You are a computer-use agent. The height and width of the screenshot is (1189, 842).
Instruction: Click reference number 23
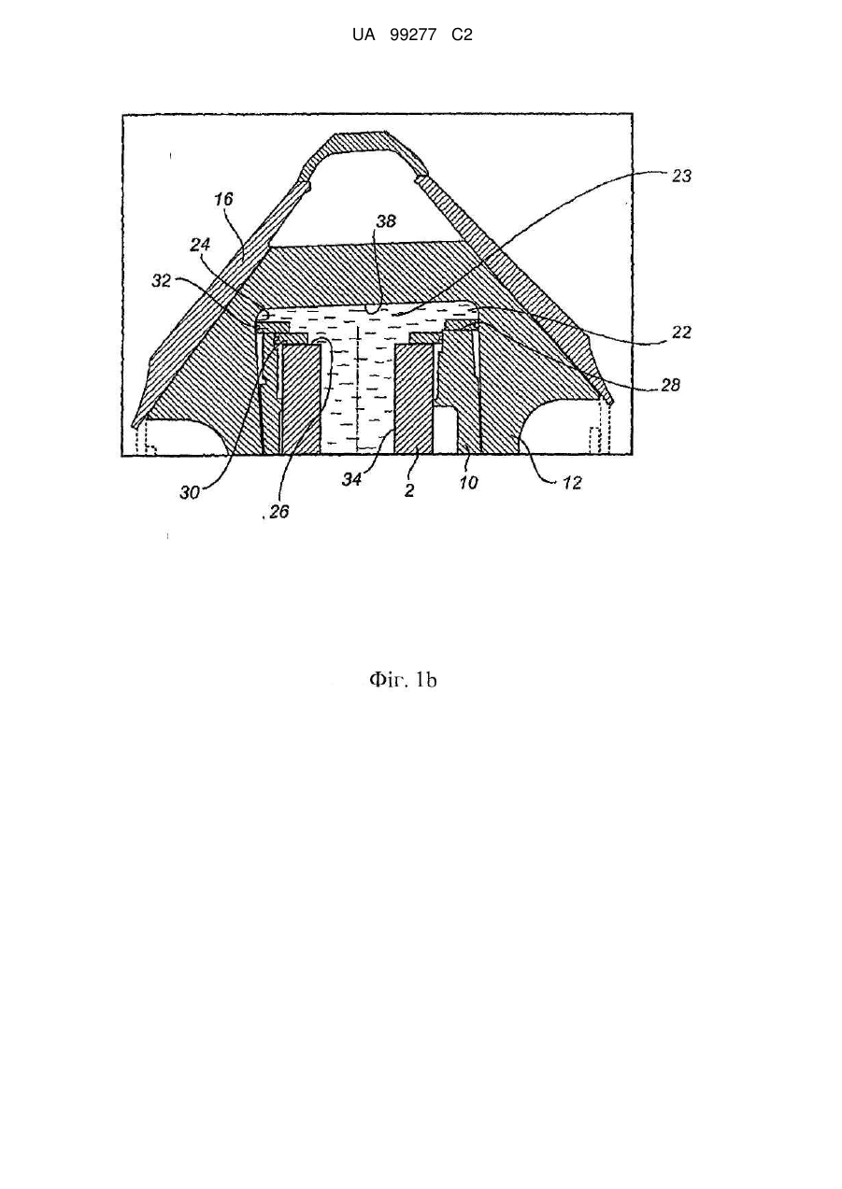pyautogui.click(x=681, y=176)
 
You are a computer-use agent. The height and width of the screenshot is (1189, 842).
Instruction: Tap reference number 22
pyautogui.click(x=681, y=333)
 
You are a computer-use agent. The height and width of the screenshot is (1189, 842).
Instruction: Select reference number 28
pyautogui.click(x=670, y=385)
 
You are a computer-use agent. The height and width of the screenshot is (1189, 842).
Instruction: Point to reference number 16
pyautogui.click(x=223, y=199)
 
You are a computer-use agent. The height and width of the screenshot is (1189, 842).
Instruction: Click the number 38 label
pyautogui.click(x=386, y=220)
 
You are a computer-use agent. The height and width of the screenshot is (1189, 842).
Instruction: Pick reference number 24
pyautogui.click(x=200, y=245)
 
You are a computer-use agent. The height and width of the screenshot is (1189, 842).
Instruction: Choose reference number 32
pyautogui.click(x=162, y=281)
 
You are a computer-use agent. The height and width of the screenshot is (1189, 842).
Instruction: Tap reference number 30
pyautogui.click(x=190, y=493)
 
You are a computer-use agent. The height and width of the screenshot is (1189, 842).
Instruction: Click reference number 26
pyautogui.click(x=278, y=511)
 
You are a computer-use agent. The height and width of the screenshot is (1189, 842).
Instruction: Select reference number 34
pyautogui.click(x=351, y=479)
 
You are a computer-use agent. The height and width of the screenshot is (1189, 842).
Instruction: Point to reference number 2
pyautogui.click(x=409, y=490)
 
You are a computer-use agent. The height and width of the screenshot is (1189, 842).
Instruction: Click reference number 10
pyautogui.click(x=468, y=483)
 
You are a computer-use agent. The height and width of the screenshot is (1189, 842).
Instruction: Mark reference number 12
pyautogui.click(x=572, y=483)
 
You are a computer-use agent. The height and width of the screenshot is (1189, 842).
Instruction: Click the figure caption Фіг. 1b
pyautogui.click(x=403, y=680)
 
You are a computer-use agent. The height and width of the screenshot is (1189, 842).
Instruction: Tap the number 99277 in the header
pyautogui.click(x=413, y=35)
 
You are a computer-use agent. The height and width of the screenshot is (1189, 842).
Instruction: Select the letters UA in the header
pyautogui.click(x=364, y=35)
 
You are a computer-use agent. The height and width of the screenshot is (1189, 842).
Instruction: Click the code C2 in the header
pyautogui.click(x=462, y=35)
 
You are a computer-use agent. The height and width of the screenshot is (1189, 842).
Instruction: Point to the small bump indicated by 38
pyautogui.click(x=374, y=307)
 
